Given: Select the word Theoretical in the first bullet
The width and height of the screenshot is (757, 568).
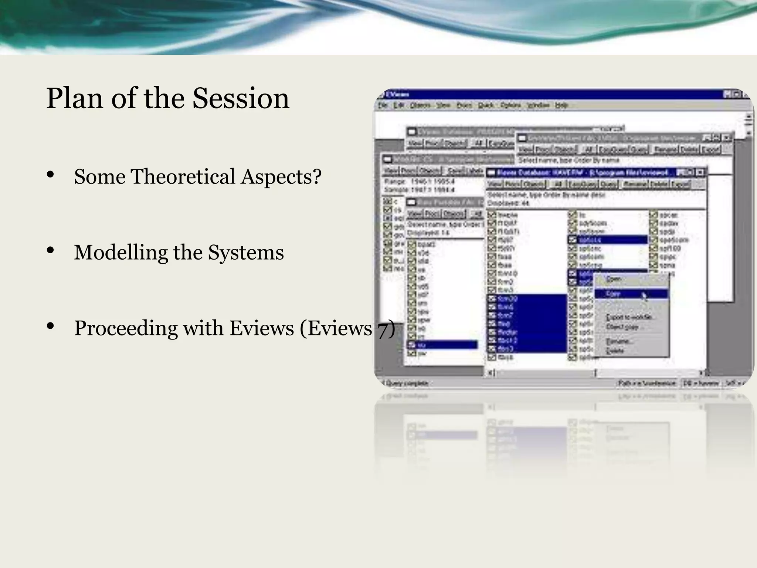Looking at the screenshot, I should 183,176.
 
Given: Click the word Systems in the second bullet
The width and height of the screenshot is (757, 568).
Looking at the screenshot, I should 246,253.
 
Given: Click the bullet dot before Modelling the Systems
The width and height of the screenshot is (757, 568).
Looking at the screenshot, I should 51,251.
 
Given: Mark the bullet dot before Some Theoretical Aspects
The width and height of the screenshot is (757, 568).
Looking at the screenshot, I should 51,175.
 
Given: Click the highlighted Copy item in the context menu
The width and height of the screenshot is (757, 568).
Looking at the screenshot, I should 614,294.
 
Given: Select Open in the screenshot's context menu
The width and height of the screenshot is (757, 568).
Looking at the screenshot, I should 614,279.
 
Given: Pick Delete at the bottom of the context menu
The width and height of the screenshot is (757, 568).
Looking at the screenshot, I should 615,351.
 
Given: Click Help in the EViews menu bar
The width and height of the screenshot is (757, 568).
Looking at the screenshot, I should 561,105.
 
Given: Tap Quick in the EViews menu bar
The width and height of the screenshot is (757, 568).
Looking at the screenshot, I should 486,105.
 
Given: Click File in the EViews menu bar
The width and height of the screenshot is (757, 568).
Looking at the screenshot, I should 383,105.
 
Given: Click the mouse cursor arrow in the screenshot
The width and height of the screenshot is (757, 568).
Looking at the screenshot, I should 644,296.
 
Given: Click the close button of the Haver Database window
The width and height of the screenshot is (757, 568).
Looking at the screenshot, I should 700,172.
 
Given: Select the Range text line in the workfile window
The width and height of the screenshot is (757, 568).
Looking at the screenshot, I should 419,182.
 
